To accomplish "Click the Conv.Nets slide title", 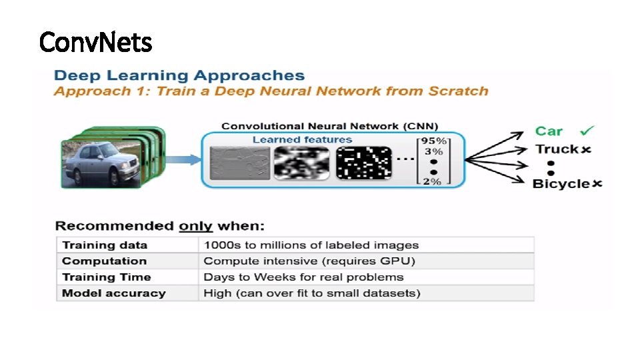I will pyautogui.click(x=95, y=42).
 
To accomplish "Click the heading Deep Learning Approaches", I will pyautogui.click(x=179, y=76).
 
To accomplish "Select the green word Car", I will pyautogui.click(x=549, y=131).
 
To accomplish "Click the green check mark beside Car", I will pyautogui.click(x=588, y=131).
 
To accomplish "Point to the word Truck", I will pyautogui.click(x=557, y=149).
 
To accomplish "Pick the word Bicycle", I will pyautogui.click(x=561, y=183).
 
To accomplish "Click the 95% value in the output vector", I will pyautogui.click(x=433, y=141).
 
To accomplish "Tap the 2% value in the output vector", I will pyautogui.click(x=434, y=181).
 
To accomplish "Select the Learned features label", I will pyautogui.click(x=302, y=139).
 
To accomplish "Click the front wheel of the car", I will pyautogui.click(x=114, y=177).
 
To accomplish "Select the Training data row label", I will pyautogui.click(x=105, y=245).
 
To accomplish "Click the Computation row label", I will pyautogui.click(x=104, y=261).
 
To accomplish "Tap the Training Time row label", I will pyautogui.click(x=107, y=277).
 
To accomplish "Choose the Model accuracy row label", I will pyautogui.click(x=113, y=293).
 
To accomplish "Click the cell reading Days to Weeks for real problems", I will pyautogui.click(x=303, y=277).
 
